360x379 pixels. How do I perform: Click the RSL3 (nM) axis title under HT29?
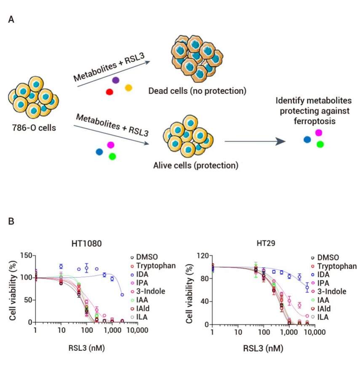pyautogui.click(x=263, y=349)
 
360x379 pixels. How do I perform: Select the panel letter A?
pyautogui.click(x=12, y=20)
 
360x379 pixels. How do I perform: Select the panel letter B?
pyautogui.click(x=12, y=221)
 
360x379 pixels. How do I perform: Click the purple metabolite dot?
pyautogui.click(x=115, y=80)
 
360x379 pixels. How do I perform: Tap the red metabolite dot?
pyautogui.click(x=109, y=92)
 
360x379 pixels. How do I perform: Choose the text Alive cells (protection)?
pyautogui.click(x=196, y=165)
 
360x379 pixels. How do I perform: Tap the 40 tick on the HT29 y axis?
pyautogui.click(x=203, y=301)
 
